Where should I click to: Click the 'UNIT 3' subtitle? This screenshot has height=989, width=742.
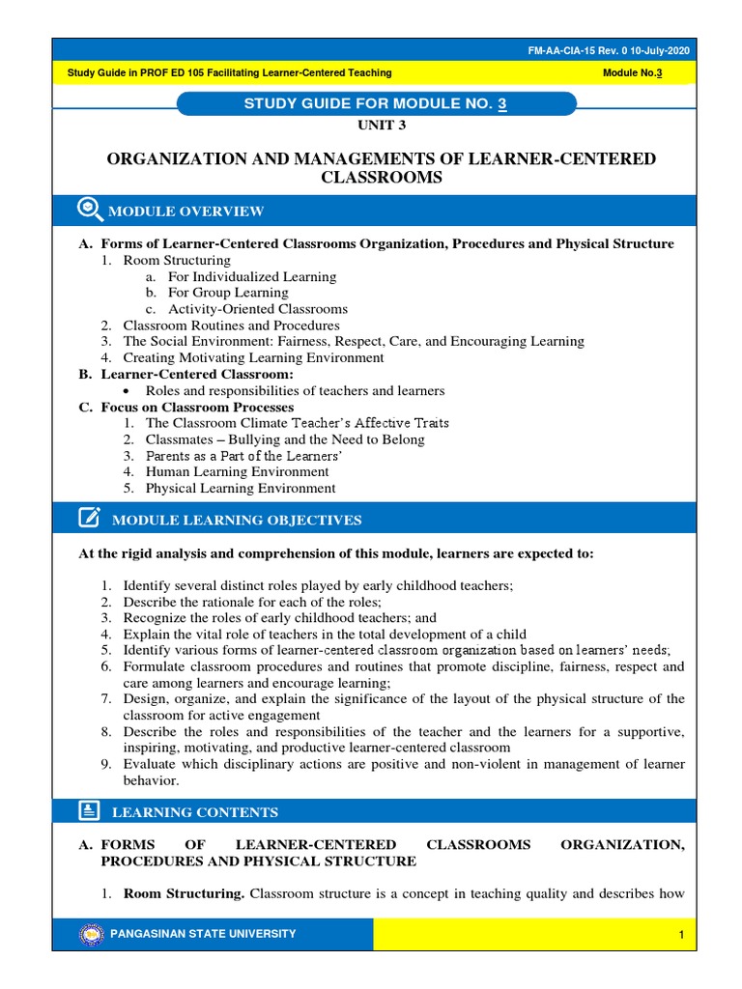(x=371, y=127)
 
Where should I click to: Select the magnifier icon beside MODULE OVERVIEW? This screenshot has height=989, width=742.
(x=88, y=210)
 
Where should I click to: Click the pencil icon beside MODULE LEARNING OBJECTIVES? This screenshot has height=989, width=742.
(x=89, y=519)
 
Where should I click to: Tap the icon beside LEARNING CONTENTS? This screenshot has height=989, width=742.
(x=88, y=811)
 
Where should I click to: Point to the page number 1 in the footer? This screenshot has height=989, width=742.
(x=681, y=935)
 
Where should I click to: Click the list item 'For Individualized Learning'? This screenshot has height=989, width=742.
(x=251, y=276)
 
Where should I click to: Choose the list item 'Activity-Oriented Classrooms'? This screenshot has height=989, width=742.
(x=257, y=309)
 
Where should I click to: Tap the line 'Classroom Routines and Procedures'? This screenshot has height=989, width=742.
(x=231, y=325)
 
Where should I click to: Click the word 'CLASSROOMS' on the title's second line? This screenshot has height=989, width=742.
(x=371, y=177)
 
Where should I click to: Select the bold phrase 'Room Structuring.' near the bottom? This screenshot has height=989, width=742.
(x=184, y=893)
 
